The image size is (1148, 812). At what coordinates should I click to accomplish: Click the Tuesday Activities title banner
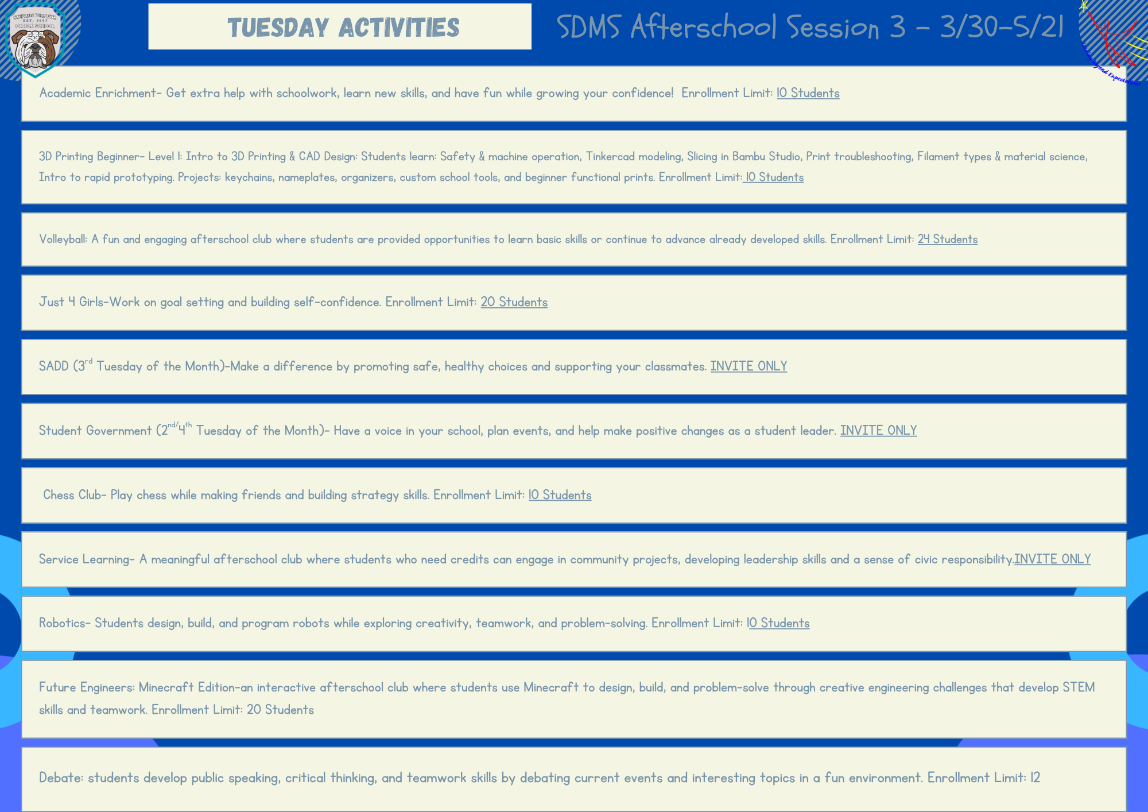tap(340, 26)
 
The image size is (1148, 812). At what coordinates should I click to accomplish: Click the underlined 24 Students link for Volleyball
tap(947, 239)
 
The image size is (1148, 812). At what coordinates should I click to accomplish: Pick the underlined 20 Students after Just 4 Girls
tap(514, 302)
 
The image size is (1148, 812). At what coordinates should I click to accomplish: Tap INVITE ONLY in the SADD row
tap(748, 366)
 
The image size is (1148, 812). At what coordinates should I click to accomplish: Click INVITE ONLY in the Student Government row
tap(878, 430)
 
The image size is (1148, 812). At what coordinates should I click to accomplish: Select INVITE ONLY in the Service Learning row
tap(1052, 559)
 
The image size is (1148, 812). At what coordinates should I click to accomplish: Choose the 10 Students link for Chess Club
tap(560, 495)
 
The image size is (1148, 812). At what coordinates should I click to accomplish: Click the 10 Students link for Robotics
tap(778, 623)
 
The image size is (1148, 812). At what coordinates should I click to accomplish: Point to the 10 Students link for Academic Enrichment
tap(808, 93)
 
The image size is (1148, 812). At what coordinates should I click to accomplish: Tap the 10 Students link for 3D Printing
tap(773, 177)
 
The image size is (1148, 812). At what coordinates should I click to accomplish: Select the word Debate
tap(61, 778)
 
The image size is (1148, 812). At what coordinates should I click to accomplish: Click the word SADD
tap(53, 366)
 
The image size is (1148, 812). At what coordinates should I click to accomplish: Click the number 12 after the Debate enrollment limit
tap(1035, 778)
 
